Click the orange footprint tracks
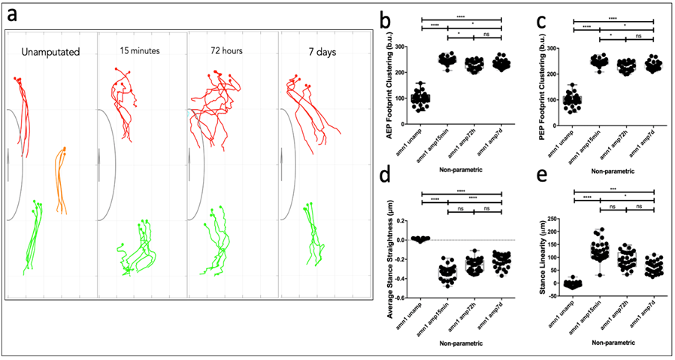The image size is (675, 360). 61,180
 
